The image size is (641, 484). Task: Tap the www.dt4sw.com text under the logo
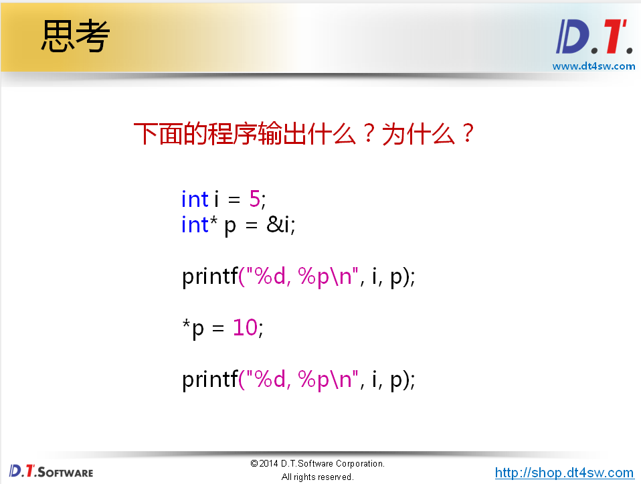pos(593,66)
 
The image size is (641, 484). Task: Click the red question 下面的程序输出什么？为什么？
pos(304,135)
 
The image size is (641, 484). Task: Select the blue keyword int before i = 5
pos(195,199)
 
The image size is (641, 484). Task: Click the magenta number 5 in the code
pos(254,199)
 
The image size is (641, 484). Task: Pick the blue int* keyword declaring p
pos(199,225)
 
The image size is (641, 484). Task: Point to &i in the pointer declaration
pos(280,225)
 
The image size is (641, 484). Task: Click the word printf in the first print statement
pos(209,276)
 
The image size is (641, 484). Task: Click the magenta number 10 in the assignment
pos(245,328)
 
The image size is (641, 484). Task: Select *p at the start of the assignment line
pos(193,329)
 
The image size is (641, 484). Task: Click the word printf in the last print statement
pos(209,380)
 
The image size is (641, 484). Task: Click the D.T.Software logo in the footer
pos(51,471)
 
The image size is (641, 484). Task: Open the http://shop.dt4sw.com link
pos(564,473)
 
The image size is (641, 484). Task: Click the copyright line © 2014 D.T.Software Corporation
pos(317,463)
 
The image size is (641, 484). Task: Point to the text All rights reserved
pos(317,477)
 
